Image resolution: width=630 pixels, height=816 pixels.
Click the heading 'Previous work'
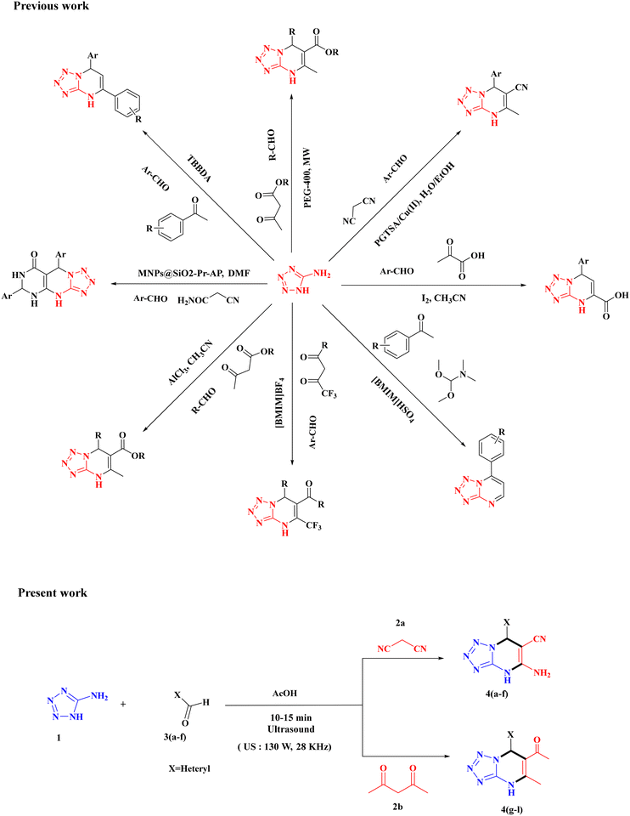point(51,6)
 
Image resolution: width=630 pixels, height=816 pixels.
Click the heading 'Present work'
point(53,592)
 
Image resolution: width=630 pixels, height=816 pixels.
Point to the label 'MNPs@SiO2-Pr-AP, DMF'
point(194,273)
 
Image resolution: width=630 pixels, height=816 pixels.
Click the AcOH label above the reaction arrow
point(284,694)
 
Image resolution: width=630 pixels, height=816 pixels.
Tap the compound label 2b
point(399,808)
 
